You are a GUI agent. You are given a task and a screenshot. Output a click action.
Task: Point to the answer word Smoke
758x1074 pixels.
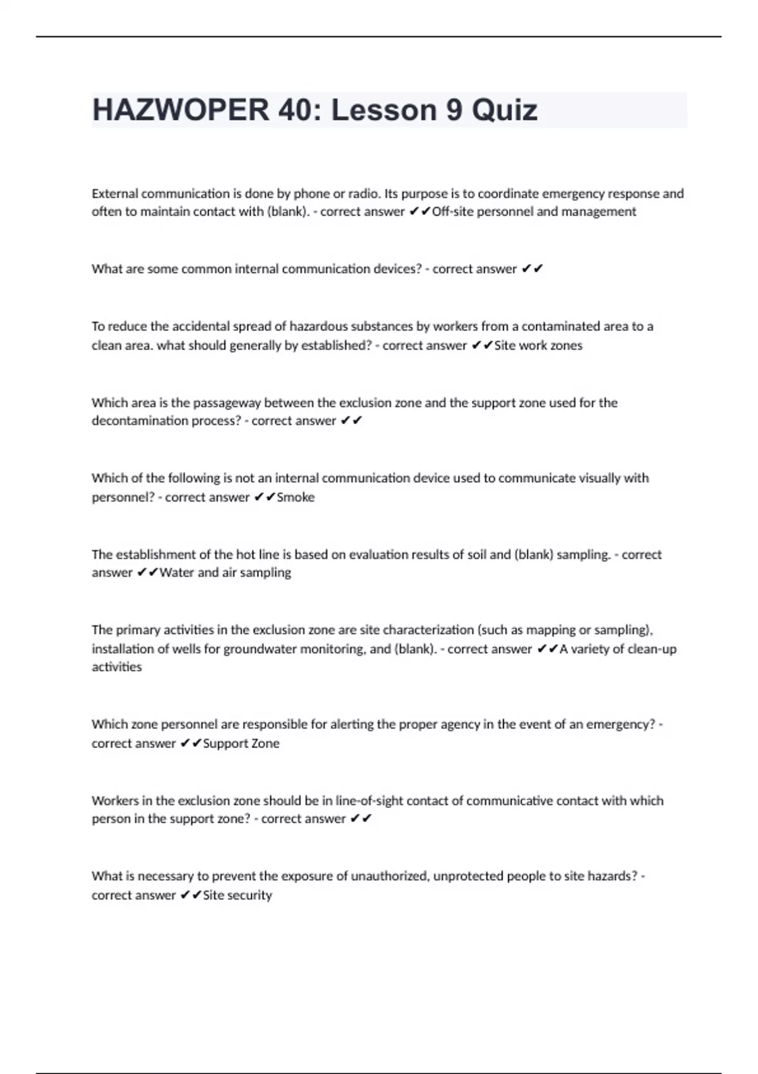296,497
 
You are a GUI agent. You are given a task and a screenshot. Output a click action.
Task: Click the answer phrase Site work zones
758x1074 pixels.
538,346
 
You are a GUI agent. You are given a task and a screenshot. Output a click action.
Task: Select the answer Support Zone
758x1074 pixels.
241,744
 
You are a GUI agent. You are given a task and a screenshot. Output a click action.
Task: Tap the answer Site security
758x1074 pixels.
238,895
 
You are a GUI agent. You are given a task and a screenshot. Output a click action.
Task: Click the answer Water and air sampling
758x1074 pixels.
225,573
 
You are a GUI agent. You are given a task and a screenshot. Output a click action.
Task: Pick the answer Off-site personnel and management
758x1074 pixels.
534,212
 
